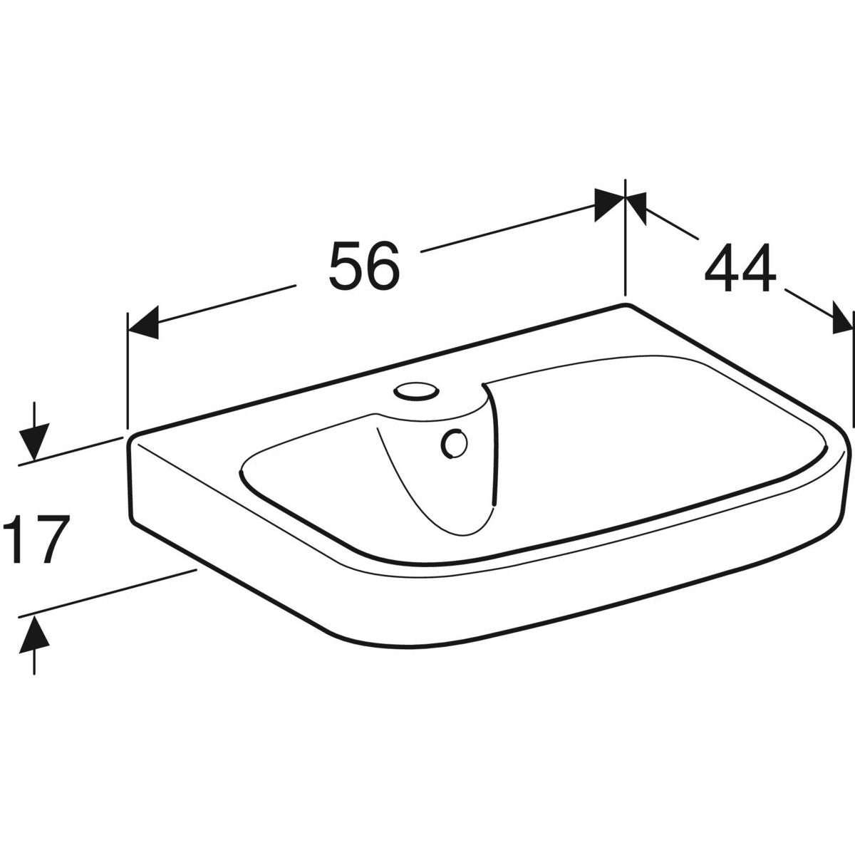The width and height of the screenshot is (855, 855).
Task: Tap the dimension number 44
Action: click(x=740, y=268)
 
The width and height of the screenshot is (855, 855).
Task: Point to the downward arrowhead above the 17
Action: click(x=34, y=440)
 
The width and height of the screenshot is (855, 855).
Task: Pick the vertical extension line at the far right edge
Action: click(x=853, y=370)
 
